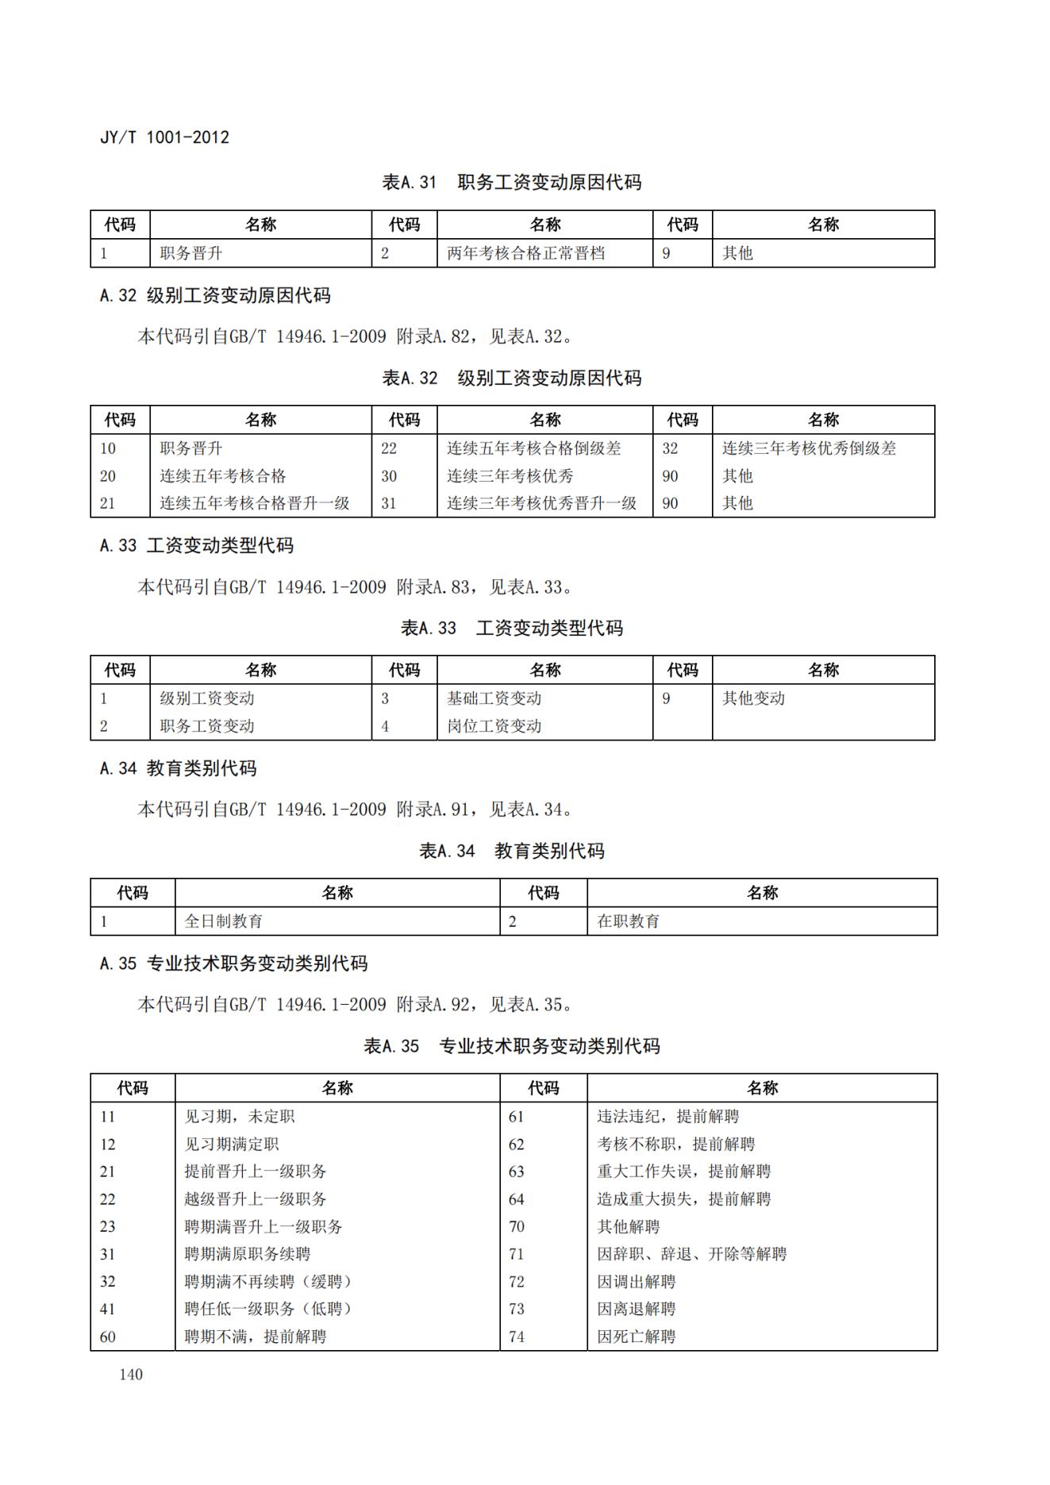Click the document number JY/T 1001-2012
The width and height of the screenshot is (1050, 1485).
[164, 137]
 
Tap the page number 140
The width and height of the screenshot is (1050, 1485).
[131, 1374]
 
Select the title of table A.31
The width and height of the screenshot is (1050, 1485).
[511, 183]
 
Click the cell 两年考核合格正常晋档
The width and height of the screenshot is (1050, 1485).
[525, 253]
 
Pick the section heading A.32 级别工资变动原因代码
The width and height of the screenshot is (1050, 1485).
[215, 296]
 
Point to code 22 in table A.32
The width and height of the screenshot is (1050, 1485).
[388, 448]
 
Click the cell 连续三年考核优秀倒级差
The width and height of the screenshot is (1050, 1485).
[809, 448]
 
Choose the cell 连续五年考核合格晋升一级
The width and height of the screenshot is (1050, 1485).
[254, 503]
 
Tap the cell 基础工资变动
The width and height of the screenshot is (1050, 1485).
[494, 698]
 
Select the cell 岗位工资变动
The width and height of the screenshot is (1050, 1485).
[494, 726]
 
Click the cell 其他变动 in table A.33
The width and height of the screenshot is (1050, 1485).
[753, 698]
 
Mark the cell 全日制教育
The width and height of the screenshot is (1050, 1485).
[223, 921]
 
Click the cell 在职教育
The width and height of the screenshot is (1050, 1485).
[628, 921]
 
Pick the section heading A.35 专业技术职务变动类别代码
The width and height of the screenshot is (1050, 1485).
[233, 964]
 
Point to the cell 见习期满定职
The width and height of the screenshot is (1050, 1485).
[231, 1145]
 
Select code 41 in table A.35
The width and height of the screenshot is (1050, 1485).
[107, 1309]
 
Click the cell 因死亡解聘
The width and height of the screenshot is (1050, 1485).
[636, 1337]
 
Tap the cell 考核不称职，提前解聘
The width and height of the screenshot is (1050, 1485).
[675, 1145]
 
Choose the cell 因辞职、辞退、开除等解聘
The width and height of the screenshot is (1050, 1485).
[691, 1254]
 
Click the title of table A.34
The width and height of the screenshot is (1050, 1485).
[511, 852]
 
